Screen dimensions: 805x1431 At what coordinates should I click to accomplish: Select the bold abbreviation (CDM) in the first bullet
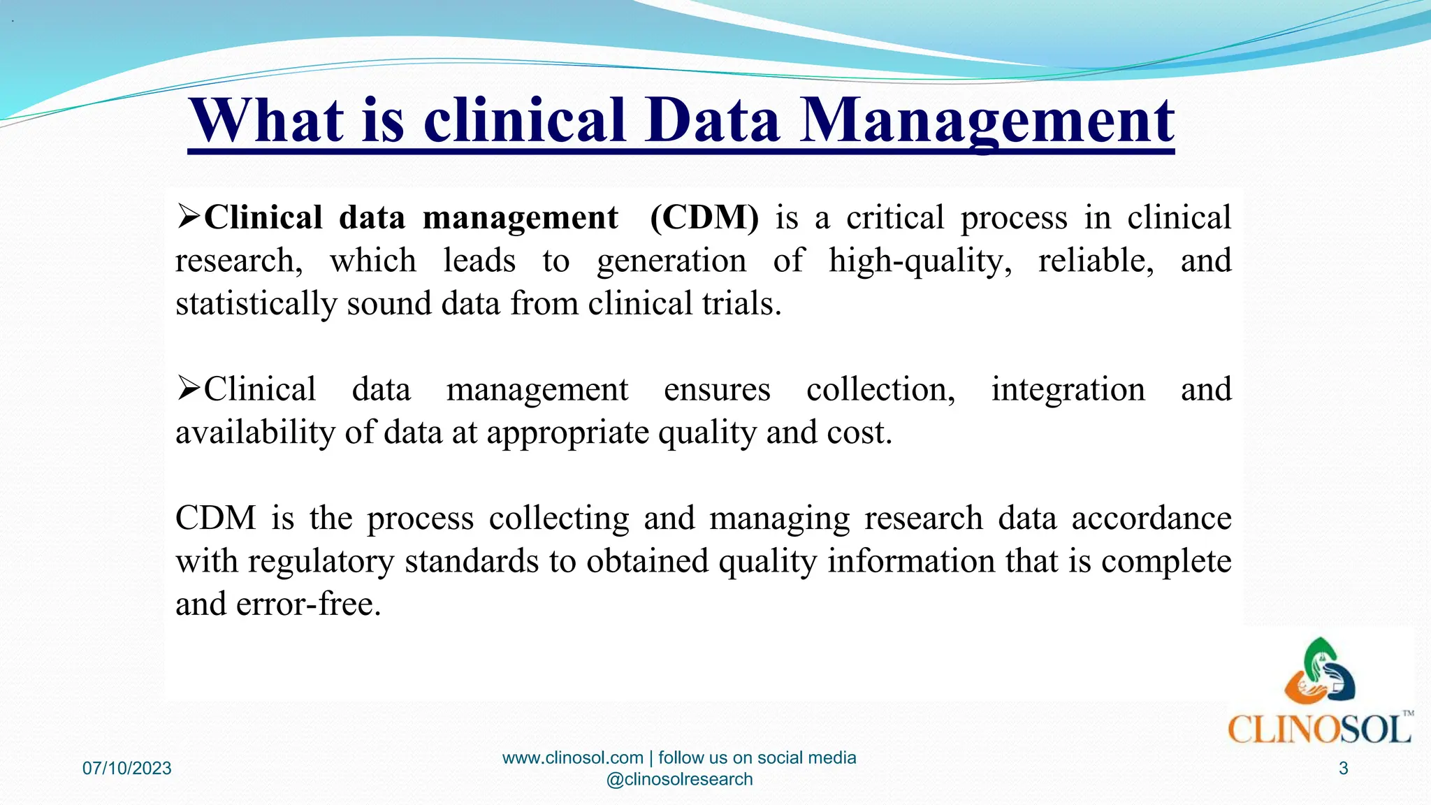pyautogui.click(x=704, y=218)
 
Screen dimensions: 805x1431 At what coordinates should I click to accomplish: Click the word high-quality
pyautogui.click(x=920, y=261)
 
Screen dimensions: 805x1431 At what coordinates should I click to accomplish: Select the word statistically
pyautogui.click(x=256, y=304)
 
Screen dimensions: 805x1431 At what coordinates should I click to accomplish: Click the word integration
pyautogui.click(x=1068, y=389)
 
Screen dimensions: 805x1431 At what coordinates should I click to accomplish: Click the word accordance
pyautogui.click(x=1151, y=518)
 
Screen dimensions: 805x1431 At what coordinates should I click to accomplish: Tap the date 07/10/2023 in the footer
pyautogui.click(x=127, y=769)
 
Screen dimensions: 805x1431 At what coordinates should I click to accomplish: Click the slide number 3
pyautogui.click(x=1343, y=769)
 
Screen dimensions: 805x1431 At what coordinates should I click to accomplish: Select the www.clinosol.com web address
pyautogui.click(x=572, y=757)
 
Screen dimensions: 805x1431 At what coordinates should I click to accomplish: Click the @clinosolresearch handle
pyautogui.click(x=679, y=779)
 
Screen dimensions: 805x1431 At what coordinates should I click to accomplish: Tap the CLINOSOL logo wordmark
pyautogui.click(x=1319, y=730)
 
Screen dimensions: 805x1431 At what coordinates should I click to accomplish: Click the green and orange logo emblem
pyautogui.click(x=1319, y=672)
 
